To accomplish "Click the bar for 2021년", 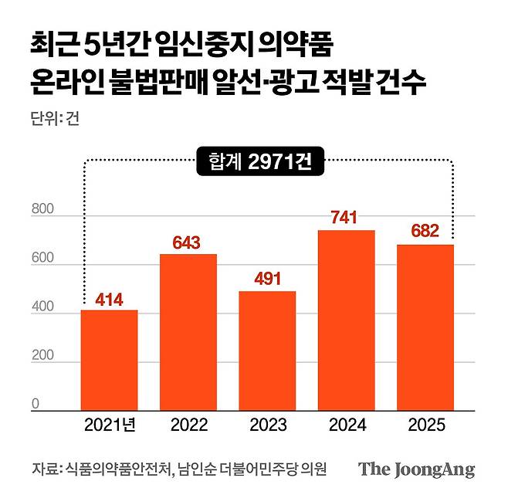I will tap(109, 360).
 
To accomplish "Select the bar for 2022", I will tap(188, 332).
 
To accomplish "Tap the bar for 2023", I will tap(266, 351).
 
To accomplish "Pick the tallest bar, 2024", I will tap(346, 320).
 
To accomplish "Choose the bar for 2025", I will tap(425, 327).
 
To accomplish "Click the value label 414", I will tap(109, 299).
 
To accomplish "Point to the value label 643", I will tap(188, 243).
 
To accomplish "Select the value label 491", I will tap(266, 280).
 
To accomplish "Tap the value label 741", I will tap(346, 219).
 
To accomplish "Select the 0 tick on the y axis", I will tap(36, 404).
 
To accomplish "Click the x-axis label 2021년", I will tap(110, 425).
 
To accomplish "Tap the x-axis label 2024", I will tap(346, 425).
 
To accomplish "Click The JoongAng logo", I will tap(416, 469).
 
